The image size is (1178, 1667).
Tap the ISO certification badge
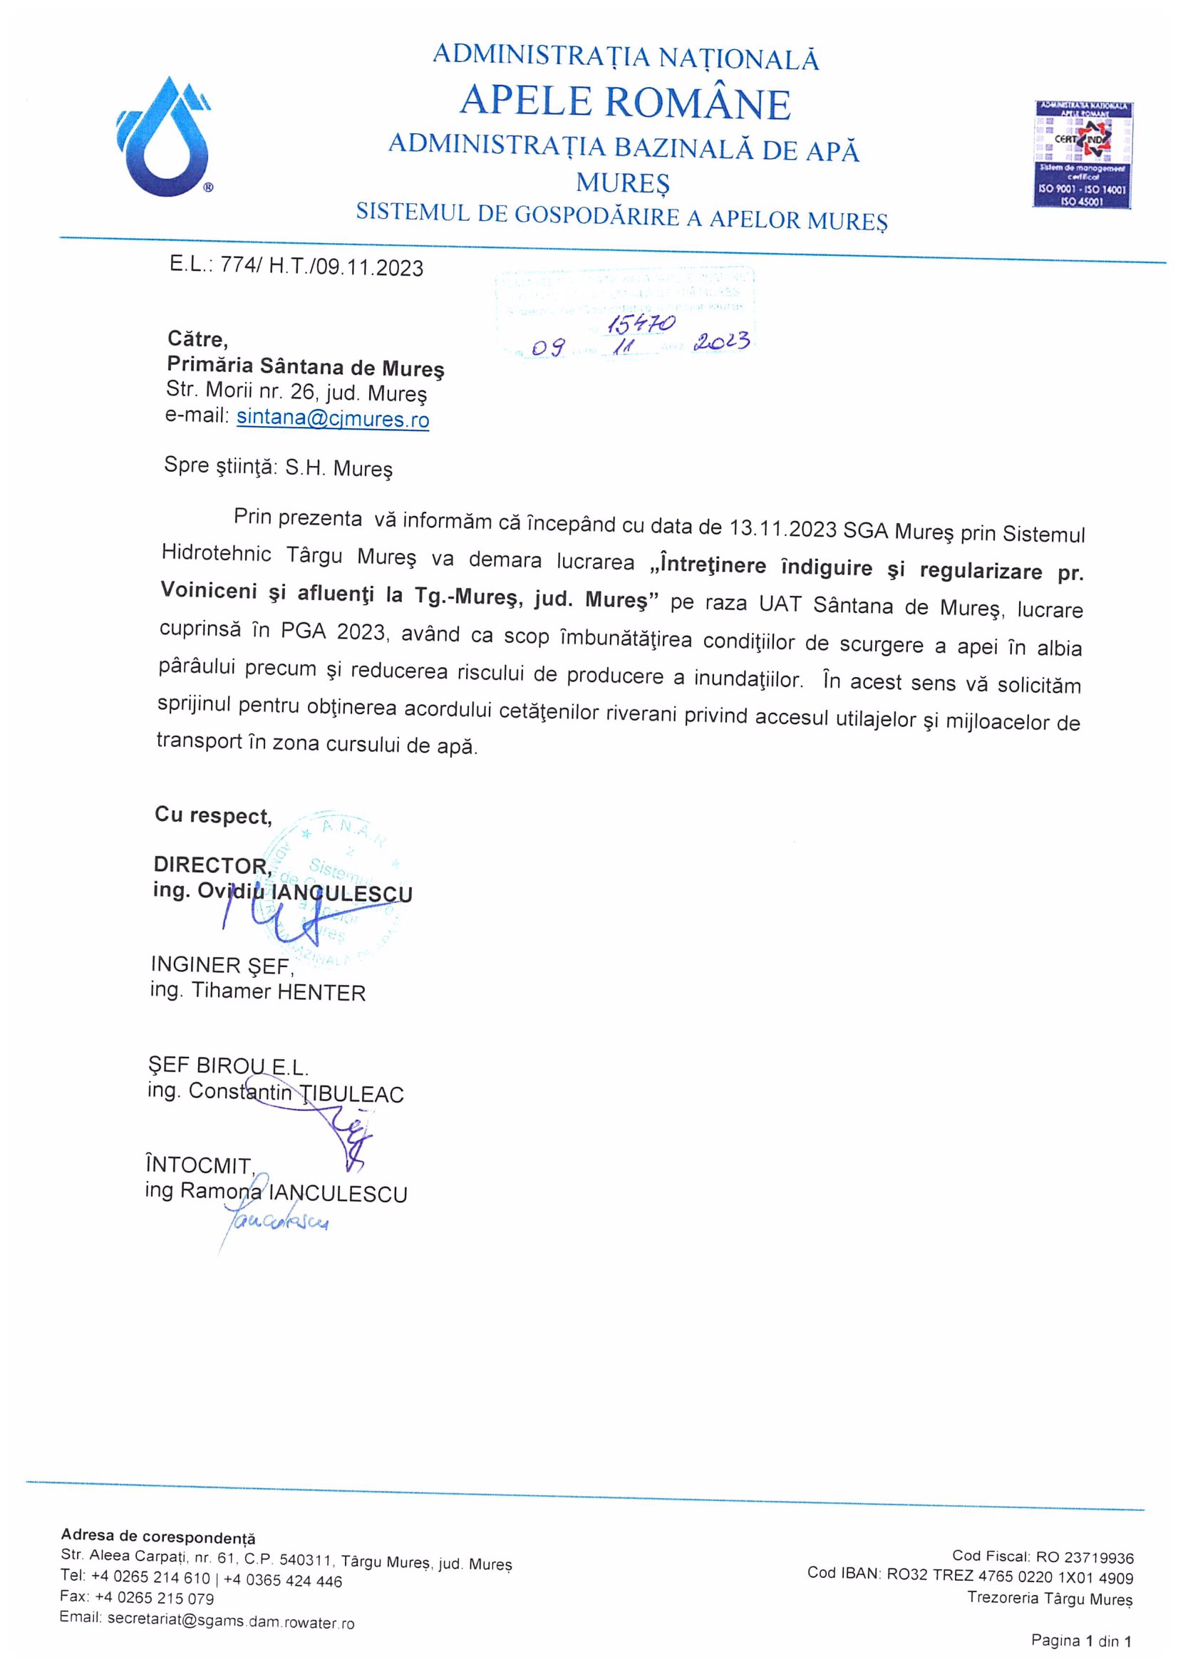coord(1083,154)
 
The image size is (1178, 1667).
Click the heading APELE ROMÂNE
coord(625,103)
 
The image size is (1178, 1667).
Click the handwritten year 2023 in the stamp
coord(720,341)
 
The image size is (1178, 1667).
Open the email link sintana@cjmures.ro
coord(332,418)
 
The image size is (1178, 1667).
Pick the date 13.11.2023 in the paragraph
coord(782,528)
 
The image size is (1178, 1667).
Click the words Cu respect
coord(212,815)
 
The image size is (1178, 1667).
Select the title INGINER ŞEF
coord(222,965)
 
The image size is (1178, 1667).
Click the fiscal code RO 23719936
coord(1085,1557)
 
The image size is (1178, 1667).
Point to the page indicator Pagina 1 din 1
coord(1081,1639)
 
